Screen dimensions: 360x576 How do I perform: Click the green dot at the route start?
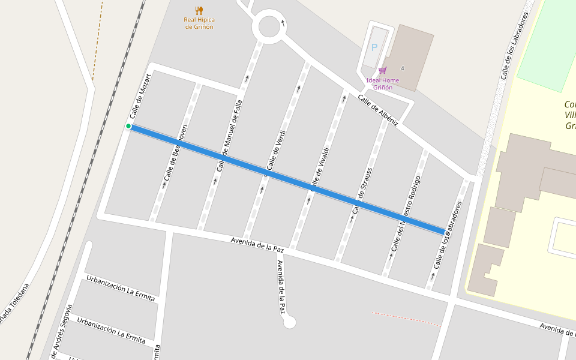click(128, 126)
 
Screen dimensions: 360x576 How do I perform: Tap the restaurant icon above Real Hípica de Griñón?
click(199, 10)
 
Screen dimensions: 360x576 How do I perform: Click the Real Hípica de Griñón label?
click(199, 23)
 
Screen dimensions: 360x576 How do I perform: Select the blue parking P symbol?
click(374, 47)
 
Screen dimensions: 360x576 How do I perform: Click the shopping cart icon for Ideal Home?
click(382, 70)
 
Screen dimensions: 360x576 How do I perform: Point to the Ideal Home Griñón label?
click(383, 84)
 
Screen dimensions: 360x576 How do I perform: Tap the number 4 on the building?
click(403, 68)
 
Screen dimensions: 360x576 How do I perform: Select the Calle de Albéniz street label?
click(378, 110)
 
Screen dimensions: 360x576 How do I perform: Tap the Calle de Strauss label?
click(362, 190)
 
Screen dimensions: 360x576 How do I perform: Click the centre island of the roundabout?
click(269, 26)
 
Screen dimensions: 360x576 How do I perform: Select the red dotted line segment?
click(406, 319)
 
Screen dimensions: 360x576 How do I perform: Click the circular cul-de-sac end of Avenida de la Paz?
click(289, 323)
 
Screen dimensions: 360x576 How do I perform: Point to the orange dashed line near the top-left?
click(97, 42)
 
